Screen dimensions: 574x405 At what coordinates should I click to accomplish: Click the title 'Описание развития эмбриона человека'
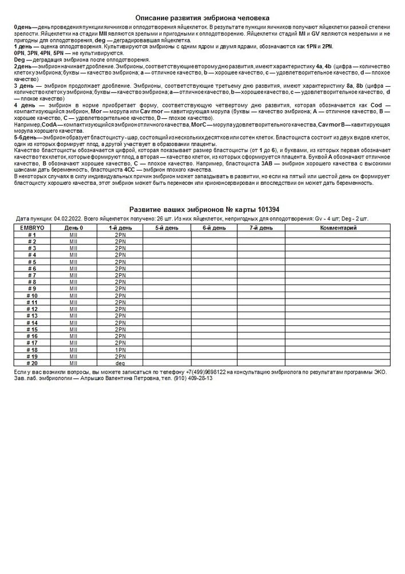[202, 19]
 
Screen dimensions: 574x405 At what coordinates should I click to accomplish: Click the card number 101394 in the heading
[265, 210]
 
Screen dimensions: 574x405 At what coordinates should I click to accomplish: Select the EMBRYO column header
[32, 228]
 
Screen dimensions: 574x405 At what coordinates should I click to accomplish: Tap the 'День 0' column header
[73, 228]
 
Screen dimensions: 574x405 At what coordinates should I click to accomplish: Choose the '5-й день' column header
[167, 228]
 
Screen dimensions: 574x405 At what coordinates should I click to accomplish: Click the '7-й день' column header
[261, 228]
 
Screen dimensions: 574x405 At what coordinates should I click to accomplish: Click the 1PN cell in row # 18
[120, 350]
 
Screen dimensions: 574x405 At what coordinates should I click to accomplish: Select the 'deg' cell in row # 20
[120, 363]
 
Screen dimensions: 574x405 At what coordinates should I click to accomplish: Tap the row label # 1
[32, 235]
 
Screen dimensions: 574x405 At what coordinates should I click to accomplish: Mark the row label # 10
[32, 296]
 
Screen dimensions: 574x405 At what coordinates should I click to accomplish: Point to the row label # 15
[32, 329]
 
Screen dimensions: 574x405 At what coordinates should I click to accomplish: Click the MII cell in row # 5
[73, 262]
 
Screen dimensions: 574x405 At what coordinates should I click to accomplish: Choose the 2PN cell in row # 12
[120, 309]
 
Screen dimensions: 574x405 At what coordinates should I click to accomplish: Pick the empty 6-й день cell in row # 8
[214, 282]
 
